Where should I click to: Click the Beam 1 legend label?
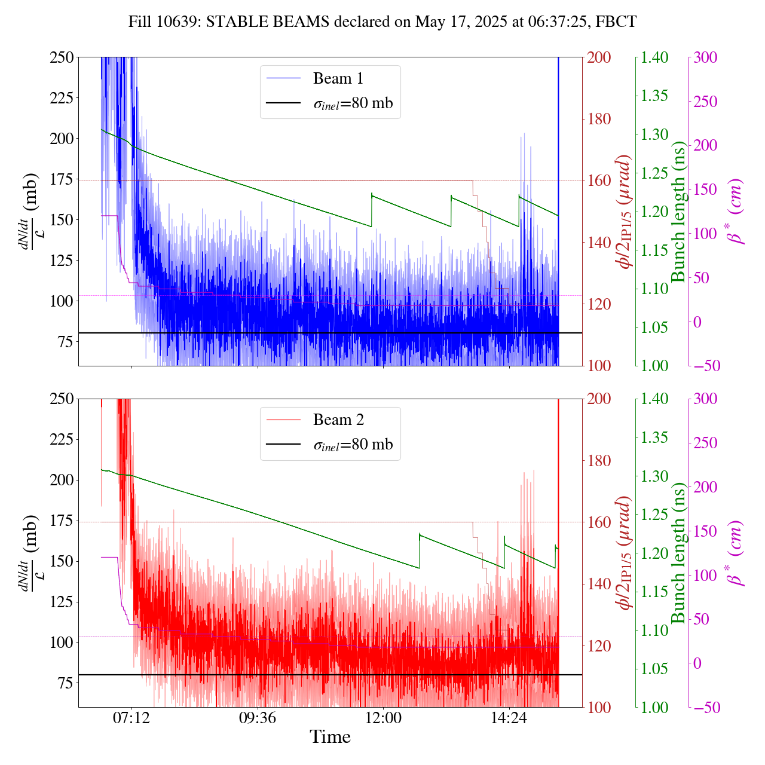338,78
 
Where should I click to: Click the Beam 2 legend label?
338,420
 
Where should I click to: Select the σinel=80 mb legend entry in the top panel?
353,103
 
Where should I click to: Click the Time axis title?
330,737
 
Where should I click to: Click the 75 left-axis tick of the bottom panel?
66,683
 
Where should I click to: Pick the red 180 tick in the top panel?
598,119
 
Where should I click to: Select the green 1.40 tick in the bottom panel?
655,399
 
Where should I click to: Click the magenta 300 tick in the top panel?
706,57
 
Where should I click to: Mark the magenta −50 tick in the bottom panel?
706,708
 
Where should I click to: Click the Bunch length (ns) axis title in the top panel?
678,212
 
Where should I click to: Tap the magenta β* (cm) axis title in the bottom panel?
736,553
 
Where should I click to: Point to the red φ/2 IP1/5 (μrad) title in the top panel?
625,212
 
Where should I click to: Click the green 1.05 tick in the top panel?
655,328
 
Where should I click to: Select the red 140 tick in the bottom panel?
598,584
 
